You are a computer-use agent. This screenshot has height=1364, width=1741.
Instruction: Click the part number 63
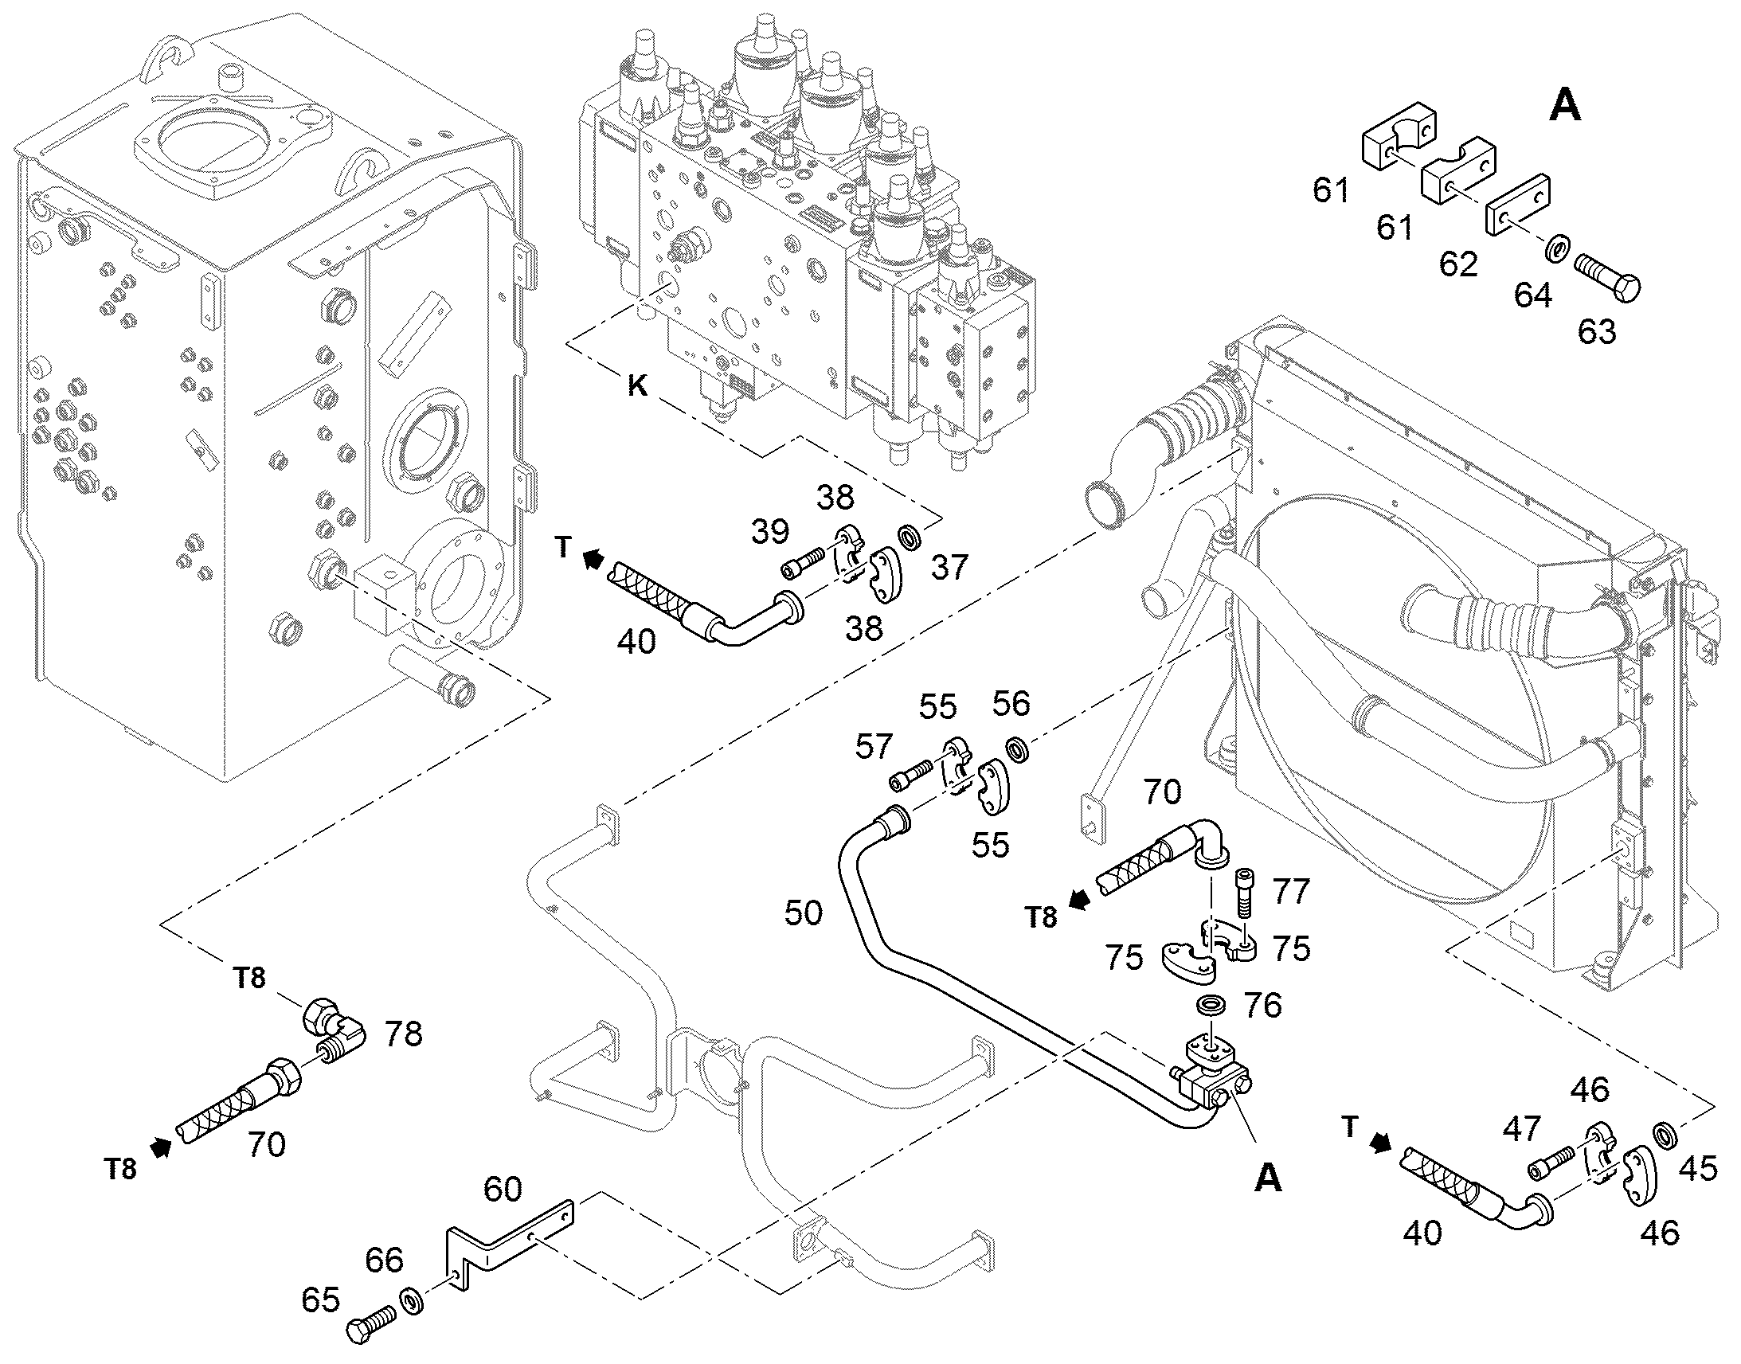click(1597, 331)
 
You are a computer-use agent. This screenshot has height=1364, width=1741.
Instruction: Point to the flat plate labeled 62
click(1517, 205)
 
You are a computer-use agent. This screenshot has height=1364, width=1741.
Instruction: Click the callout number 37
click(949, 568)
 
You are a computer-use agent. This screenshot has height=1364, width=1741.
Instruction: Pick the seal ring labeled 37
click(910, 537)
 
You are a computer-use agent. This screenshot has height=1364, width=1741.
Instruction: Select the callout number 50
click(803, 913)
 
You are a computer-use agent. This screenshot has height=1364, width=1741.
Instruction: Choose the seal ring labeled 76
click(1212, 1006)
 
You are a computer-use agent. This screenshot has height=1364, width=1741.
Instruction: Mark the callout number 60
click(503, 1189)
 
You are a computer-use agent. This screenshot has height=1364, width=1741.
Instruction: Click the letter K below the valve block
click(637, 385)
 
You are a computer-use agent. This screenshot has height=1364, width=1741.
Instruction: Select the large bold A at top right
click(1565, 106)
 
